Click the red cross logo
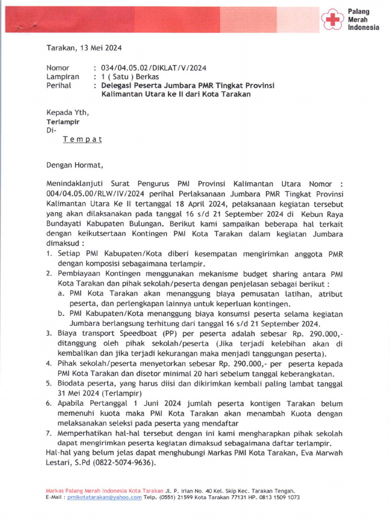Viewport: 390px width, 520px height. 333,19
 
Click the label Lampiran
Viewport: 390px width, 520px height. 62,77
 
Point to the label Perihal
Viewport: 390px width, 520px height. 59,86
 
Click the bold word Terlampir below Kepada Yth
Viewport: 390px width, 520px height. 63,122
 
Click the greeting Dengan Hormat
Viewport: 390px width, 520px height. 75,165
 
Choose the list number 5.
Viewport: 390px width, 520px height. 49,383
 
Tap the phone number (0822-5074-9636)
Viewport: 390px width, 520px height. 121,463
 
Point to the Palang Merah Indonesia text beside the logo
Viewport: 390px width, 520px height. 363,19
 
